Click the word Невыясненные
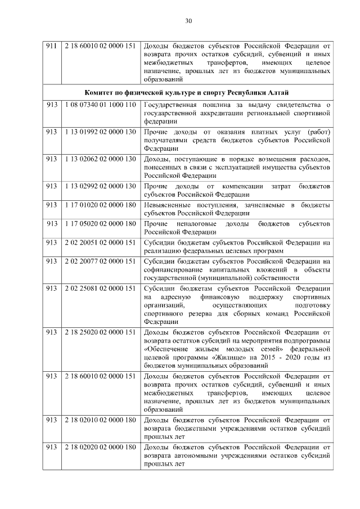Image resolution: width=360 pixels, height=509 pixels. pyautogui.click(x=169, y=205)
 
